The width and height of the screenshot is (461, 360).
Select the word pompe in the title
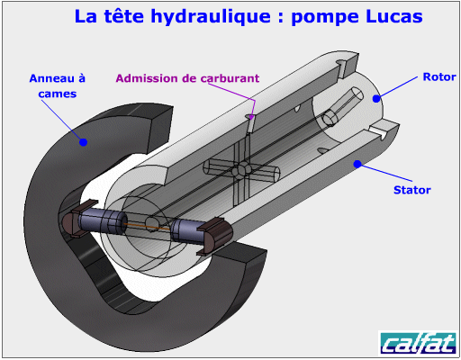pos(325,18)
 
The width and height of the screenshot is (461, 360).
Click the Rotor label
pos(439,76)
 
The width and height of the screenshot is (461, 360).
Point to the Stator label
pos(412,190)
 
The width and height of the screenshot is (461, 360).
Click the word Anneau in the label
pos(52,78)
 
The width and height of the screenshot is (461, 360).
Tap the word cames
pos(58,94)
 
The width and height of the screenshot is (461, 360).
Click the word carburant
pos(230,78)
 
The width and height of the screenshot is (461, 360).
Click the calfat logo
pos(418,343)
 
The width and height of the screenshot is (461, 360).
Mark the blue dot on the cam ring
pos(83,142)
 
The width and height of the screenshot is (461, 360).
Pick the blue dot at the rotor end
pos(376,98)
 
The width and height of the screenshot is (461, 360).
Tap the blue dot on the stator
pos(357,164)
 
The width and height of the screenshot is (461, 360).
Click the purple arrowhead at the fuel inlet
pos(251,117)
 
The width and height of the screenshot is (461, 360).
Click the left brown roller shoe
pos(74,220)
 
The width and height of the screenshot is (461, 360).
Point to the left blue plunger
pos(103,222)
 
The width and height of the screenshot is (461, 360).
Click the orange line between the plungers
pos(148,227)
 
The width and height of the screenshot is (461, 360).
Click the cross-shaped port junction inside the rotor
pos(241,170)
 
